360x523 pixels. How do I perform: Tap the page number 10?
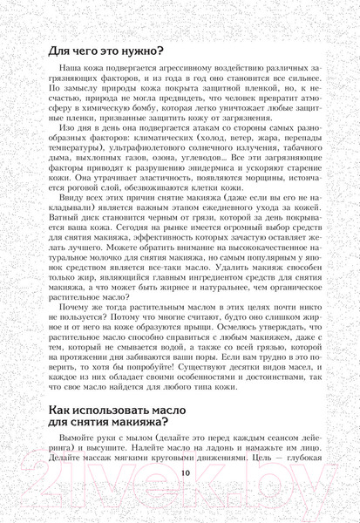tap(180, 499)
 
